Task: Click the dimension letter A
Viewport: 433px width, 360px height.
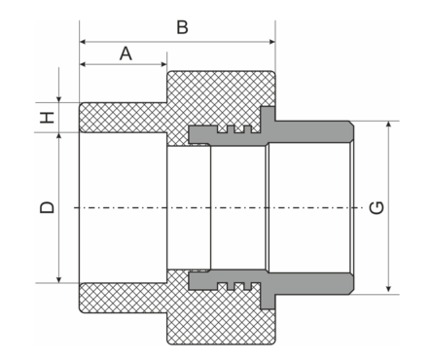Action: (x=125, y=54)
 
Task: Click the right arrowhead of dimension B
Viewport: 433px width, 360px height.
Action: (x=270, y=42)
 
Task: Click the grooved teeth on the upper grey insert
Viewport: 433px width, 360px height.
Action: (x=234, y=127)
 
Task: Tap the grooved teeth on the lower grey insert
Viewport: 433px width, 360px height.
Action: (x=234, y=286)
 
